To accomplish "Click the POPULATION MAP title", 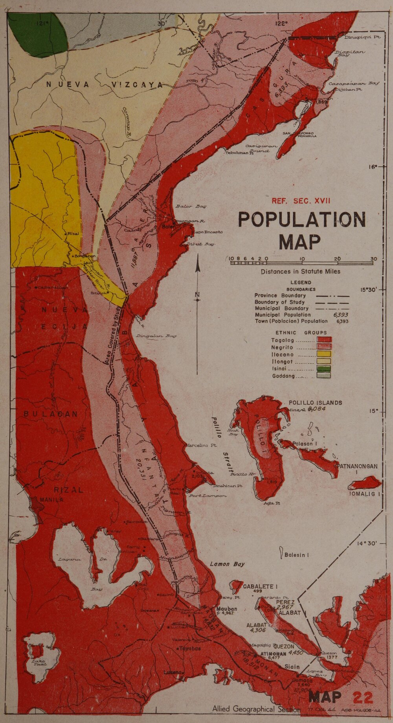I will [x=302, y=230].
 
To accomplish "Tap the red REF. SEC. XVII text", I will [x=301, y=201].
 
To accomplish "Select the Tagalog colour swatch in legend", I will [x=324, y=340].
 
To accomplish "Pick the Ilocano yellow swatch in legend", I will [x=324, y=354].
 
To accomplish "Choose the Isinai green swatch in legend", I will [x=324, y=368].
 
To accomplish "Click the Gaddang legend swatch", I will [x=324, y=375].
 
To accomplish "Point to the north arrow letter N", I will [x=198, y=295].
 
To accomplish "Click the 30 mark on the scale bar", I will [x=373, y=258].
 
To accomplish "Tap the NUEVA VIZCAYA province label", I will [x=104, y=84].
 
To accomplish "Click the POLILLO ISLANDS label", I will [x=315, y=403].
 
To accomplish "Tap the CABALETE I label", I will [x=260, y=586].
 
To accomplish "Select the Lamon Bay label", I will [x=227, y=564].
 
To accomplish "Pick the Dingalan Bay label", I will [x=156, y=336].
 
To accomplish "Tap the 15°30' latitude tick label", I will [x=369, y=290].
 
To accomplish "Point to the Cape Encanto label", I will [x=208, y=232].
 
